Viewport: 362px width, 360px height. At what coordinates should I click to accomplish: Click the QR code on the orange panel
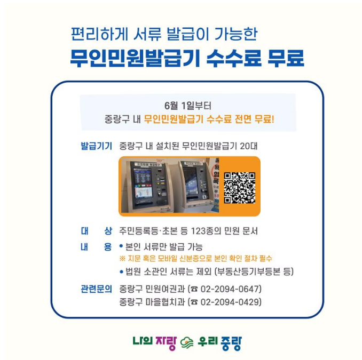click(240, 188)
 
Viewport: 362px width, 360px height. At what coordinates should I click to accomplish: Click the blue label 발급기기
click(96, 146)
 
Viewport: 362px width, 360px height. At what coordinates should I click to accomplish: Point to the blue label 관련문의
click(96, 289)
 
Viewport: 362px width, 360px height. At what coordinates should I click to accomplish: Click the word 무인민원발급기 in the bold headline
click(135, 58)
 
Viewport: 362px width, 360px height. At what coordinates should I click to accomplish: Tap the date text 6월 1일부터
click(188, 106)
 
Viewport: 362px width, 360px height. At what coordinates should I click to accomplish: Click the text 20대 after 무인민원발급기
click(248, 146)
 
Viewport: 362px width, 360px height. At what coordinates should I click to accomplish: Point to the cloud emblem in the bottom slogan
click(187, 343)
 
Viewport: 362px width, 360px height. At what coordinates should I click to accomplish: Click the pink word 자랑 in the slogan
click(166, 343)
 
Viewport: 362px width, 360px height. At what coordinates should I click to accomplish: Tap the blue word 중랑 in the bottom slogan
click(231, 343)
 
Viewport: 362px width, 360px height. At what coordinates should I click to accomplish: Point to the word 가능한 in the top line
click(235, 34)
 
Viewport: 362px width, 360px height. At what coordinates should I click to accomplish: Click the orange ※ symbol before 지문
click(122, 258)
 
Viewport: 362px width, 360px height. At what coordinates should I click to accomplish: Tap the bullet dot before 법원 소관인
click(121, 272)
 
